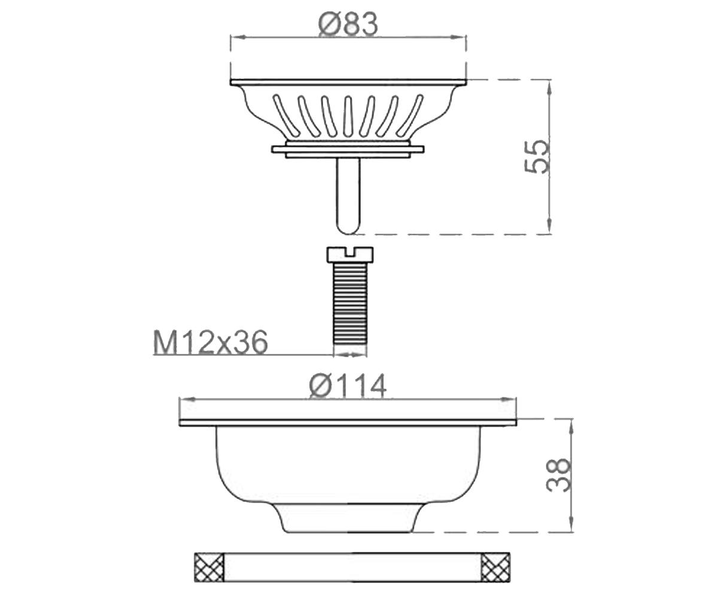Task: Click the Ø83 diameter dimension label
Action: pyautogui.click(x=348, y=24)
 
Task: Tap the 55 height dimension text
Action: pyautogui.click(x=536, y=157)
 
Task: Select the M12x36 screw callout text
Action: pyautogui.click(x=211, y=342)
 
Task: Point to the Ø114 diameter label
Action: pyautogui.click(x=348, y=386)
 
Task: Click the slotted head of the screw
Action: pyautogui.click(x=349, y=254)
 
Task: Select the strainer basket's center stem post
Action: pyautogui.click(x=348, y=196)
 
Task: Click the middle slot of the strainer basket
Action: pyautogui.click(x=348, y=116)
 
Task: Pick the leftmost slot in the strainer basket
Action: pyautogui.click(x=285, y=114)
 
